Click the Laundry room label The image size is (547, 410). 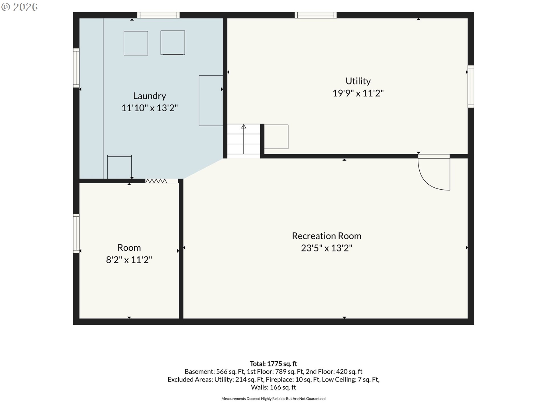[x=149, y=96]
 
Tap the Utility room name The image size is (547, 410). [x=358, y=81]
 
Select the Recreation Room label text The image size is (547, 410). [x=326, y=236]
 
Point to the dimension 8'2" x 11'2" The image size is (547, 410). [x=129, y=260]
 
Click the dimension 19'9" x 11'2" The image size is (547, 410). [x=358, y=93]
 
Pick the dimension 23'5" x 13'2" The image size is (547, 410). [x=326, y=248]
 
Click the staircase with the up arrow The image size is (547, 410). [x=244, y=141]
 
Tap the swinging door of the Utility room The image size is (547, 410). [x=434, y=172]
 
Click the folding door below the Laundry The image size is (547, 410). [x=156, y=181]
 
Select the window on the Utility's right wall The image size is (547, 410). [x=471, y=87]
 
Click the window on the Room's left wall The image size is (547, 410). [x=76, y=233]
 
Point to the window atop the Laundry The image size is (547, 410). [x=158, y=15]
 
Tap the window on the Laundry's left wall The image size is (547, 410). [x=76, y=68]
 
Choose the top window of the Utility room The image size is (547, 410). [x=316, y=15]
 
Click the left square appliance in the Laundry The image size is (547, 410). [x=136, y=43]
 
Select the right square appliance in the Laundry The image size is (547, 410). [x=173, y=43]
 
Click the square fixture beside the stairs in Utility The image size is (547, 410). [x=276, y=137]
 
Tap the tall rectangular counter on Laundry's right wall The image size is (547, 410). [x=211, y=101]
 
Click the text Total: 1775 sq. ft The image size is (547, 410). [x=273, y=364]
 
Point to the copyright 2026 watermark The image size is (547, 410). [x=19, y=7]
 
